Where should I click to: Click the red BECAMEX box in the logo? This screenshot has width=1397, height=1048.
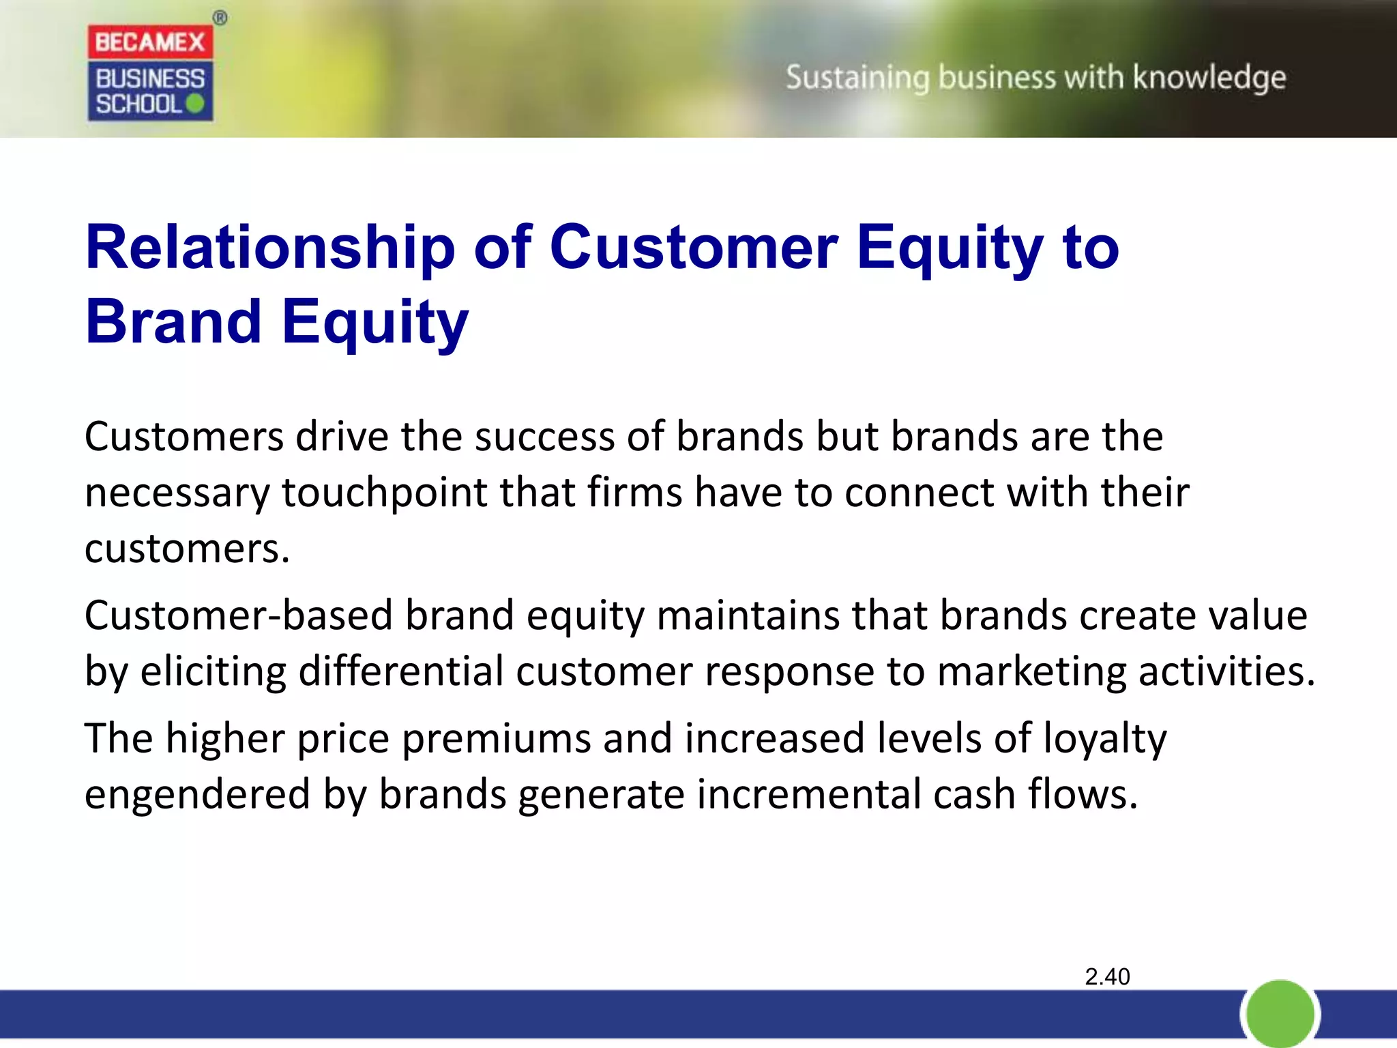150,42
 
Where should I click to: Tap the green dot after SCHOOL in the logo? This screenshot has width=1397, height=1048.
195,104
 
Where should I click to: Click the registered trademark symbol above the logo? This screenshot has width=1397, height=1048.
220,18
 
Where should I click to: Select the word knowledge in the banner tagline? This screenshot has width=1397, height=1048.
1209,78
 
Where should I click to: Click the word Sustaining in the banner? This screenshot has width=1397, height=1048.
857,78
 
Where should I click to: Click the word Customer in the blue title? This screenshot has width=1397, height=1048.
694,248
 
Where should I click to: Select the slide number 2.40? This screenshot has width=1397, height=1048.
1107,977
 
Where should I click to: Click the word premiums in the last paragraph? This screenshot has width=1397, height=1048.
495,740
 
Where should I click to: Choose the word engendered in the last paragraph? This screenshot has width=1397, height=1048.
197,796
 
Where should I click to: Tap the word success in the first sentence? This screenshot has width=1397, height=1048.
544,437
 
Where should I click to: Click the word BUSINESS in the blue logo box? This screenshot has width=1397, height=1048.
150,79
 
